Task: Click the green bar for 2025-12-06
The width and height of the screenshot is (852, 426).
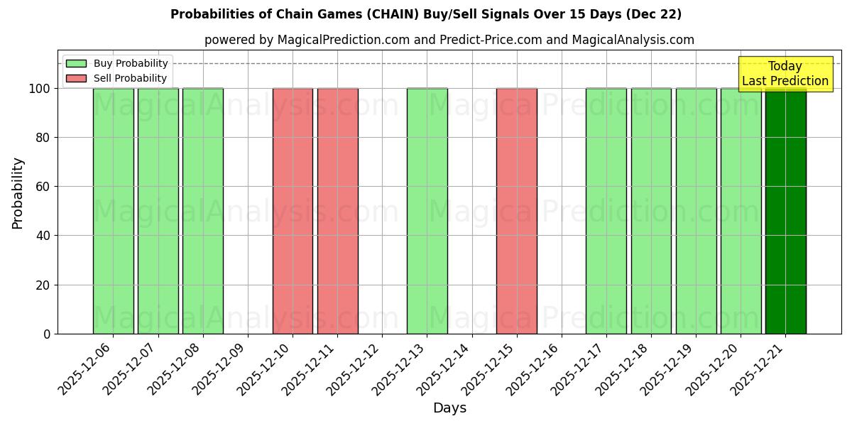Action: (114, 211)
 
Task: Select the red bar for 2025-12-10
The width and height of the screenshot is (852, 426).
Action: (293, 211)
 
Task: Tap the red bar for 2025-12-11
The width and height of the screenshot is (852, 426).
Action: (337, 211)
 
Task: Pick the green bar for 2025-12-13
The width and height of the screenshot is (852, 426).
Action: (427, 211)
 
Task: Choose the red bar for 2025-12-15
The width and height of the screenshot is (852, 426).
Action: (516, 211)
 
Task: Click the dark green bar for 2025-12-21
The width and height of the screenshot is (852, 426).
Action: (785, 211)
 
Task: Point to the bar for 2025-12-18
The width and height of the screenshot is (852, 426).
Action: (651, 211)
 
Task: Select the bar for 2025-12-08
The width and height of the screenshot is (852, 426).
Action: (203, 211)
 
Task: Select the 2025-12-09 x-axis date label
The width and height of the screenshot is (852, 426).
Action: (220, 367)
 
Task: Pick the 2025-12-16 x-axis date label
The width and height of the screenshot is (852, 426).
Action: (534, 367)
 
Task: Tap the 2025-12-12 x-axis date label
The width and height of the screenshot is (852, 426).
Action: (354, 367)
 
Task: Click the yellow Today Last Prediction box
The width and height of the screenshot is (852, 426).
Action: (785, 74)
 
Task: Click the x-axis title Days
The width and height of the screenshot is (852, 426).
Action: (449, 408)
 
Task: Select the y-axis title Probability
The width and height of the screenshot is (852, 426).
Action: (18, 192)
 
